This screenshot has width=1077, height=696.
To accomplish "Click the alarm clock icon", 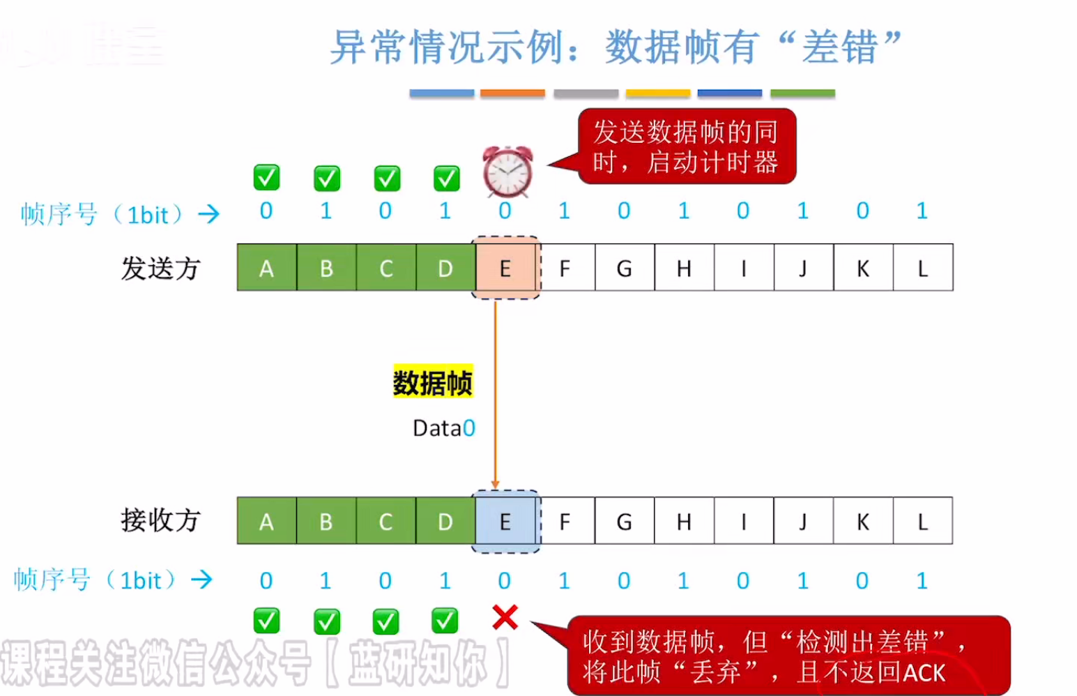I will tap(507, 172).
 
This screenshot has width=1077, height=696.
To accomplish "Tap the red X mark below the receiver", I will tap(505, 617).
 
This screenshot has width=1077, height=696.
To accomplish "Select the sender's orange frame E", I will tap(505, 268).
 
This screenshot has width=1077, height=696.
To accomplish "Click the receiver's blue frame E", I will tap(505, 522).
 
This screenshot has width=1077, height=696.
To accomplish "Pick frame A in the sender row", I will tap(266, 268).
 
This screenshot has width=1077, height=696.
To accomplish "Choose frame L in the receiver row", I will tap(922, 522).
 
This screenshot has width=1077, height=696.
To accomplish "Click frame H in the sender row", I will tap(684, 268).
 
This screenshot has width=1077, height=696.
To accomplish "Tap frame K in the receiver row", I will tap(862, 522).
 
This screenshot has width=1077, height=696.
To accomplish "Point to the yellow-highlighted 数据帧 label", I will tap(433, 382).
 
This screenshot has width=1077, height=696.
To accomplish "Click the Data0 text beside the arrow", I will tap(443, 428).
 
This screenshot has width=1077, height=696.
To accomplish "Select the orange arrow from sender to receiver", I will tap(495, 391).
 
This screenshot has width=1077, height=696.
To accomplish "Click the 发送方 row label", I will tap(160, 268).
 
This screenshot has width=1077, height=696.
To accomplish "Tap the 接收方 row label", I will tap(160, 520).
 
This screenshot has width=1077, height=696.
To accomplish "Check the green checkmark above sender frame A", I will tap(266, 177).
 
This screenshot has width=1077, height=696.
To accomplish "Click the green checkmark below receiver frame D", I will tap(445, 620).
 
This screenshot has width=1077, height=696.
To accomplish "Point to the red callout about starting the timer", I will tap(686, 146).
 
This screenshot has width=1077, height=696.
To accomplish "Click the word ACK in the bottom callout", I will tap(924, 672).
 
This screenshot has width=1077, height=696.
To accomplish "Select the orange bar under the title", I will tap(512, 93).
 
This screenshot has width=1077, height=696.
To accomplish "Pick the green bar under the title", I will tap(802, 93).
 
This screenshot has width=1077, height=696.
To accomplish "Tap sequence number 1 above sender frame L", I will tap(922, 211).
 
